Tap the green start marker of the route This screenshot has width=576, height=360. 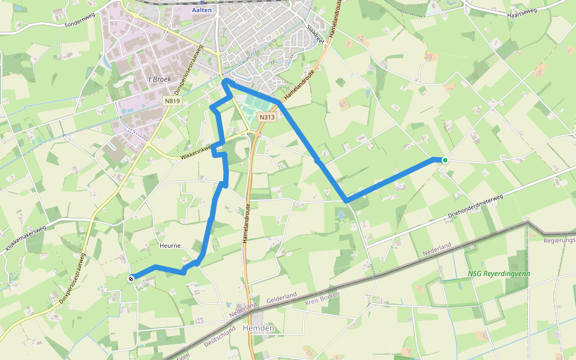pyautogui.click(x=445, y=160)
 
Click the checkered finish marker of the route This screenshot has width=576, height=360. pyautogui.click(x=131, y=278)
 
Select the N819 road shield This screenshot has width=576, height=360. pyautogui.click(x=172, y=101)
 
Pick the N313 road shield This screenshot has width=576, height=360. pyautogui.click(x=268, y=117)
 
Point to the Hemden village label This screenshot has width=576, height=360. pyautogui.click(x=259, y=328)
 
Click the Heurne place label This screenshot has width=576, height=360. pyautogui.click(x=170, y=245)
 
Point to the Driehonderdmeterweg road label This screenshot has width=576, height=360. pyautogui.click(x=474, y=208)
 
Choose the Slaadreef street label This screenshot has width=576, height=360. pyautogui.click(x=315, y=34)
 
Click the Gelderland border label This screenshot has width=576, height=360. pyautogui.click(x=282, y=298)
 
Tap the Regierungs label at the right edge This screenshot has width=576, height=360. pyautogui.click(x=559, y=241)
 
